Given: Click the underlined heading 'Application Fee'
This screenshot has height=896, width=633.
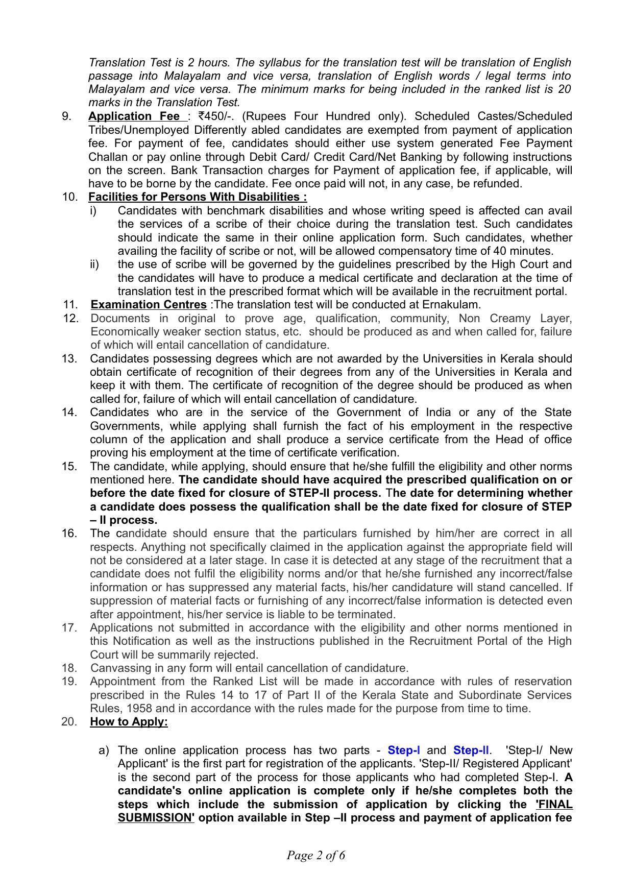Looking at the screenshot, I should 134,116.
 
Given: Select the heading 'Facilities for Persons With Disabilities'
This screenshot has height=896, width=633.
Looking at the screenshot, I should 198,197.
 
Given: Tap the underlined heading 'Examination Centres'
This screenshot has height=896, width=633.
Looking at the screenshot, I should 149,305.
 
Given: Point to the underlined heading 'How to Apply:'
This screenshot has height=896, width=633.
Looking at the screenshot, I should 129,722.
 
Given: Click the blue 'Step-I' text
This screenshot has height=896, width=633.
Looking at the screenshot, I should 404,750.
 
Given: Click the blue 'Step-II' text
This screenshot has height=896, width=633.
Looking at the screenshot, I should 471,750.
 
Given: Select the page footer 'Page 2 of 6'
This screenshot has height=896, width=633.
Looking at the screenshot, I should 316,855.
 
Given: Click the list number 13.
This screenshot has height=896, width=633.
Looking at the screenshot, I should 69,358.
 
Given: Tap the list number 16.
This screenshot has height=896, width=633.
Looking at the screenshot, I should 69,534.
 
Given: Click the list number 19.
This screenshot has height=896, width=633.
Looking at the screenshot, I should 69,682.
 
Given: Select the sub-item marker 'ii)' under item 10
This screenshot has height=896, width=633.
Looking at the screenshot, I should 94,264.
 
